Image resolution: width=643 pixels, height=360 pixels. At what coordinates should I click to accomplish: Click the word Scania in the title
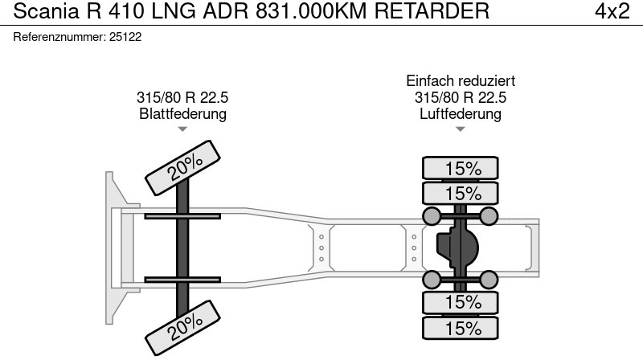46,10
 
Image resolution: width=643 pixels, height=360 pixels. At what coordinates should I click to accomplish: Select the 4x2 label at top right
612,11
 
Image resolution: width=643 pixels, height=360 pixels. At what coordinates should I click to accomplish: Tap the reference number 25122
125,37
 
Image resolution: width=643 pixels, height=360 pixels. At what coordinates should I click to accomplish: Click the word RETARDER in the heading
432,11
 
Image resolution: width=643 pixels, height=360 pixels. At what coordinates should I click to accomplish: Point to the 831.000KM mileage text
311,11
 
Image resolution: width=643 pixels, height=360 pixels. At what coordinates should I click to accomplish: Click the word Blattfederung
183,113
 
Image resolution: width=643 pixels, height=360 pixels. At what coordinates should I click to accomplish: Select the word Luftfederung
460,113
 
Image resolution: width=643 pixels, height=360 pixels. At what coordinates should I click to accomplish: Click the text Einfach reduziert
461,81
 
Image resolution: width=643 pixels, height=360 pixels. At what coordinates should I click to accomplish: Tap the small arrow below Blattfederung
182,129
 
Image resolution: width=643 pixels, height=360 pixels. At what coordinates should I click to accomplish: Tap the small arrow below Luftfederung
460,129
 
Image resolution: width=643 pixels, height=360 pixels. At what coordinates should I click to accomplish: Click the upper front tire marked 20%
183,168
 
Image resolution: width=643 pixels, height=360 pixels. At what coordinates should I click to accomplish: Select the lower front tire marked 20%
183,328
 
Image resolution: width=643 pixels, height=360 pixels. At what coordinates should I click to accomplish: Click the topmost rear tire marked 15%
461,168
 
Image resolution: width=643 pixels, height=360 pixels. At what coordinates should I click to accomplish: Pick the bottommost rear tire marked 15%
461,328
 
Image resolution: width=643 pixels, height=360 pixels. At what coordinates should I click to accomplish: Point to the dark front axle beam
182,247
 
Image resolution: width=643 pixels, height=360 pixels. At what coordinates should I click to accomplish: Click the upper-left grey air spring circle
432,216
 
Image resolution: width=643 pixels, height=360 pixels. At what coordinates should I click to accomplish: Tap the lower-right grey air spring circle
489,280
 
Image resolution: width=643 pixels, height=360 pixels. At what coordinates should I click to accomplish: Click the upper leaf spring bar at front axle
182,216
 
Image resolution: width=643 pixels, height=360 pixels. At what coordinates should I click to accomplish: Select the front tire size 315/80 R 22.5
182,97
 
